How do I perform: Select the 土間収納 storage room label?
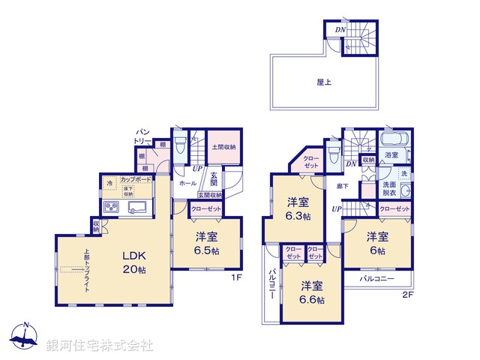(x=223, y=147)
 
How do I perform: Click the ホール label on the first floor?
(x=187, y=182)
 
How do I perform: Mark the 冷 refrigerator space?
(x=109, y=181)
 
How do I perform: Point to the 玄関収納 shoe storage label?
(x=209, y=196)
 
